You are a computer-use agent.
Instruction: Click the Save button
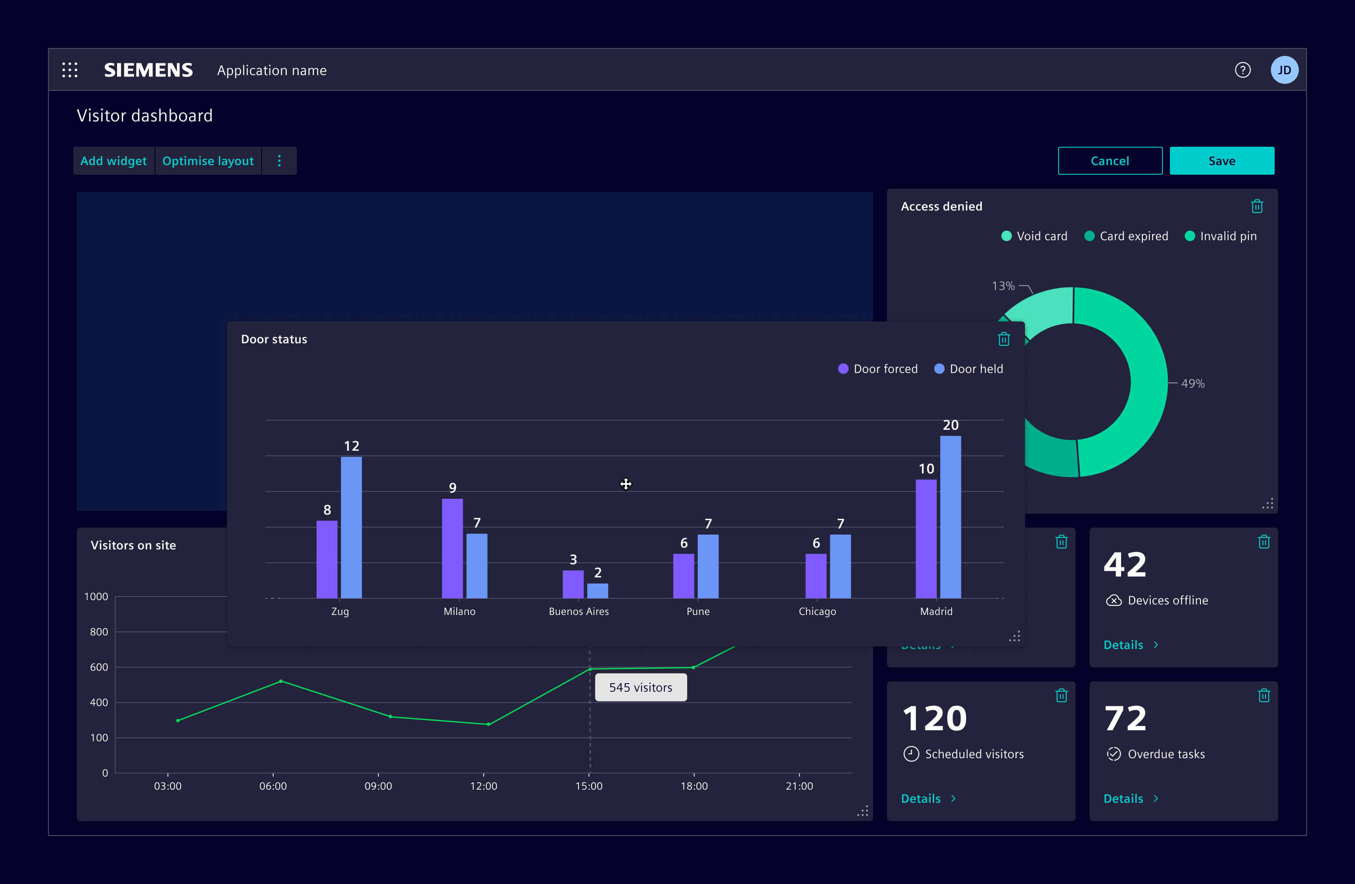(x=1221, y=161)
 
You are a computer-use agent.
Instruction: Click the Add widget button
(x=113, y=161)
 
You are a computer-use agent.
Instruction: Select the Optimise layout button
(x=208, y=161)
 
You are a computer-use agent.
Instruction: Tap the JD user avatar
(x=1284, y=70)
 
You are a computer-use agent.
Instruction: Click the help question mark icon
(x=1242, y=70)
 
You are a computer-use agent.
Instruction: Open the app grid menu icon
(x=70, y=70)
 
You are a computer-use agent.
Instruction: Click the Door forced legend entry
(x=878, y=369)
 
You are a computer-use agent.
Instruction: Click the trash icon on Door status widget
(x=1004, y=339)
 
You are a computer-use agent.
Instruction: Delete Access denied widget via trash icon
(x=1257, y=206)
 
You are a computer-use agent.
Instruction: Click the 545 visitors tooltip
(x=640, y=687)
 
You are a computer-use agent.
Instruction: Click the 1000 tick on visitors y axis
(x=96, y=596)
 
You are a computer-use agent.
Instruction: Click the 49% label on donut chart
(x=1192, y=383)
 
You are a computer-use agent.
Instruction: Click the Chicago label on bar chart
(x=817, y=611)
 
